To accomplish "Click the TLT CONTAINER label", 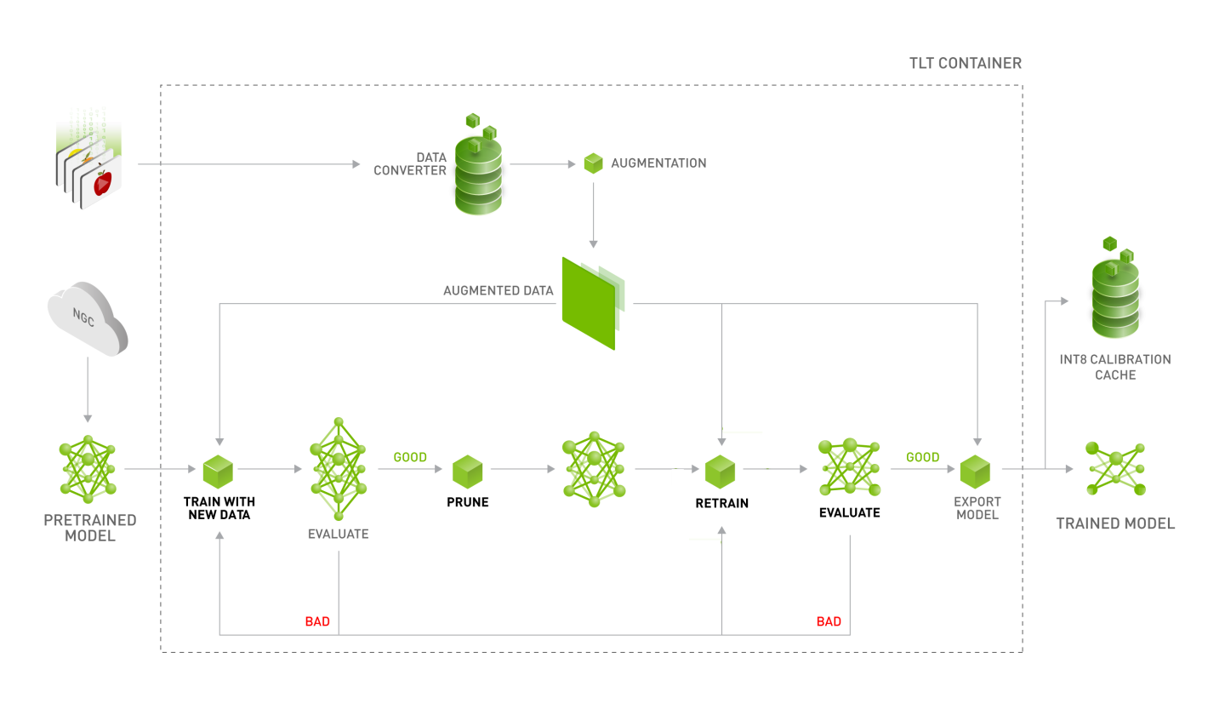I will click(965, 64).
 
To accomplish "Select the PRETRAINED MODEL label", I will click(90, 528).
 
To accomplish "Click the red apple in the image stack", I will click(102, 182).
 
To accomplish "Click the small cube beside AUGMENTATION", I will click(593, 163).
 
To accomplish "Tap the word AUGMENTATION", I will click(658, 163).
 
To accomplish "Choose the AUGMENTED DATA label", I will click(499, 291).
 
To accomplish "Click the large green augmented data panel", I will click(589, 301).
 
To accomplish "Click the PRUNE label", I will click(468, 502).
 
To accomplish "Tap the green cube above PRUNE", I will click(467, 471).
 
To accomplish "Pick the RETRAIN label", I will click(721, 503).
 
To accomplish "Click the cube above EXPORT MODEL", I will click(976, 471).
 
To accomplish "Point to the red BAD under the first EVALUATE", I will click(317, 621).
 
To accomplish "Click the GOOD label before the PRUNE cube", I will click(410, 457).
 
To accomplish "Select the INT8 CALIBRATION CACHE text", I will click(1115, 367).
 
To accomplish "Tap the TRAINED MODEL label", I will click(1115, 523).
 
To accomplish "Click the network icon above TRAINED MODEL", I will click(1116, 468).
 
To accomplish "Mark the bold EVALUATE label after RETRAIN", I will click(849, 512).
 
